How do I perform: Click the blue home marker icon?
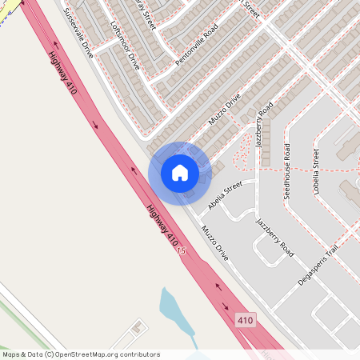pos(179,172)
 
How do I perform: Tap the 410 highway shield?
pos(246,321)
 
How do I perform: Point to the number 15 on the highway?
pos(182,251)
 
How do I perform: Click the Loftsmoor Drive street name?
pos(122,44)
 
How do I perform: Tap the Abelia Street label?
pos(224,195)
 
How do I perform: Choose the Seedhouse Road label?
pos(288,172)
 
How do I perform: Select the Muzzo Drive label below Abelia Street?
pos(215,242)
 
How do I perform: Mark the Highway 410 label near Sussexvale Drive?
pos(62,73)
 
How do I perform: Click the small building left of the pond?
pos(138,327)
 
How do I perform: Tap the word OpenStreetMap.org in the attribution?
pos(87,354)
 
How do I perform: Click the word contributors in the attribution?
pos(139,354)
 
